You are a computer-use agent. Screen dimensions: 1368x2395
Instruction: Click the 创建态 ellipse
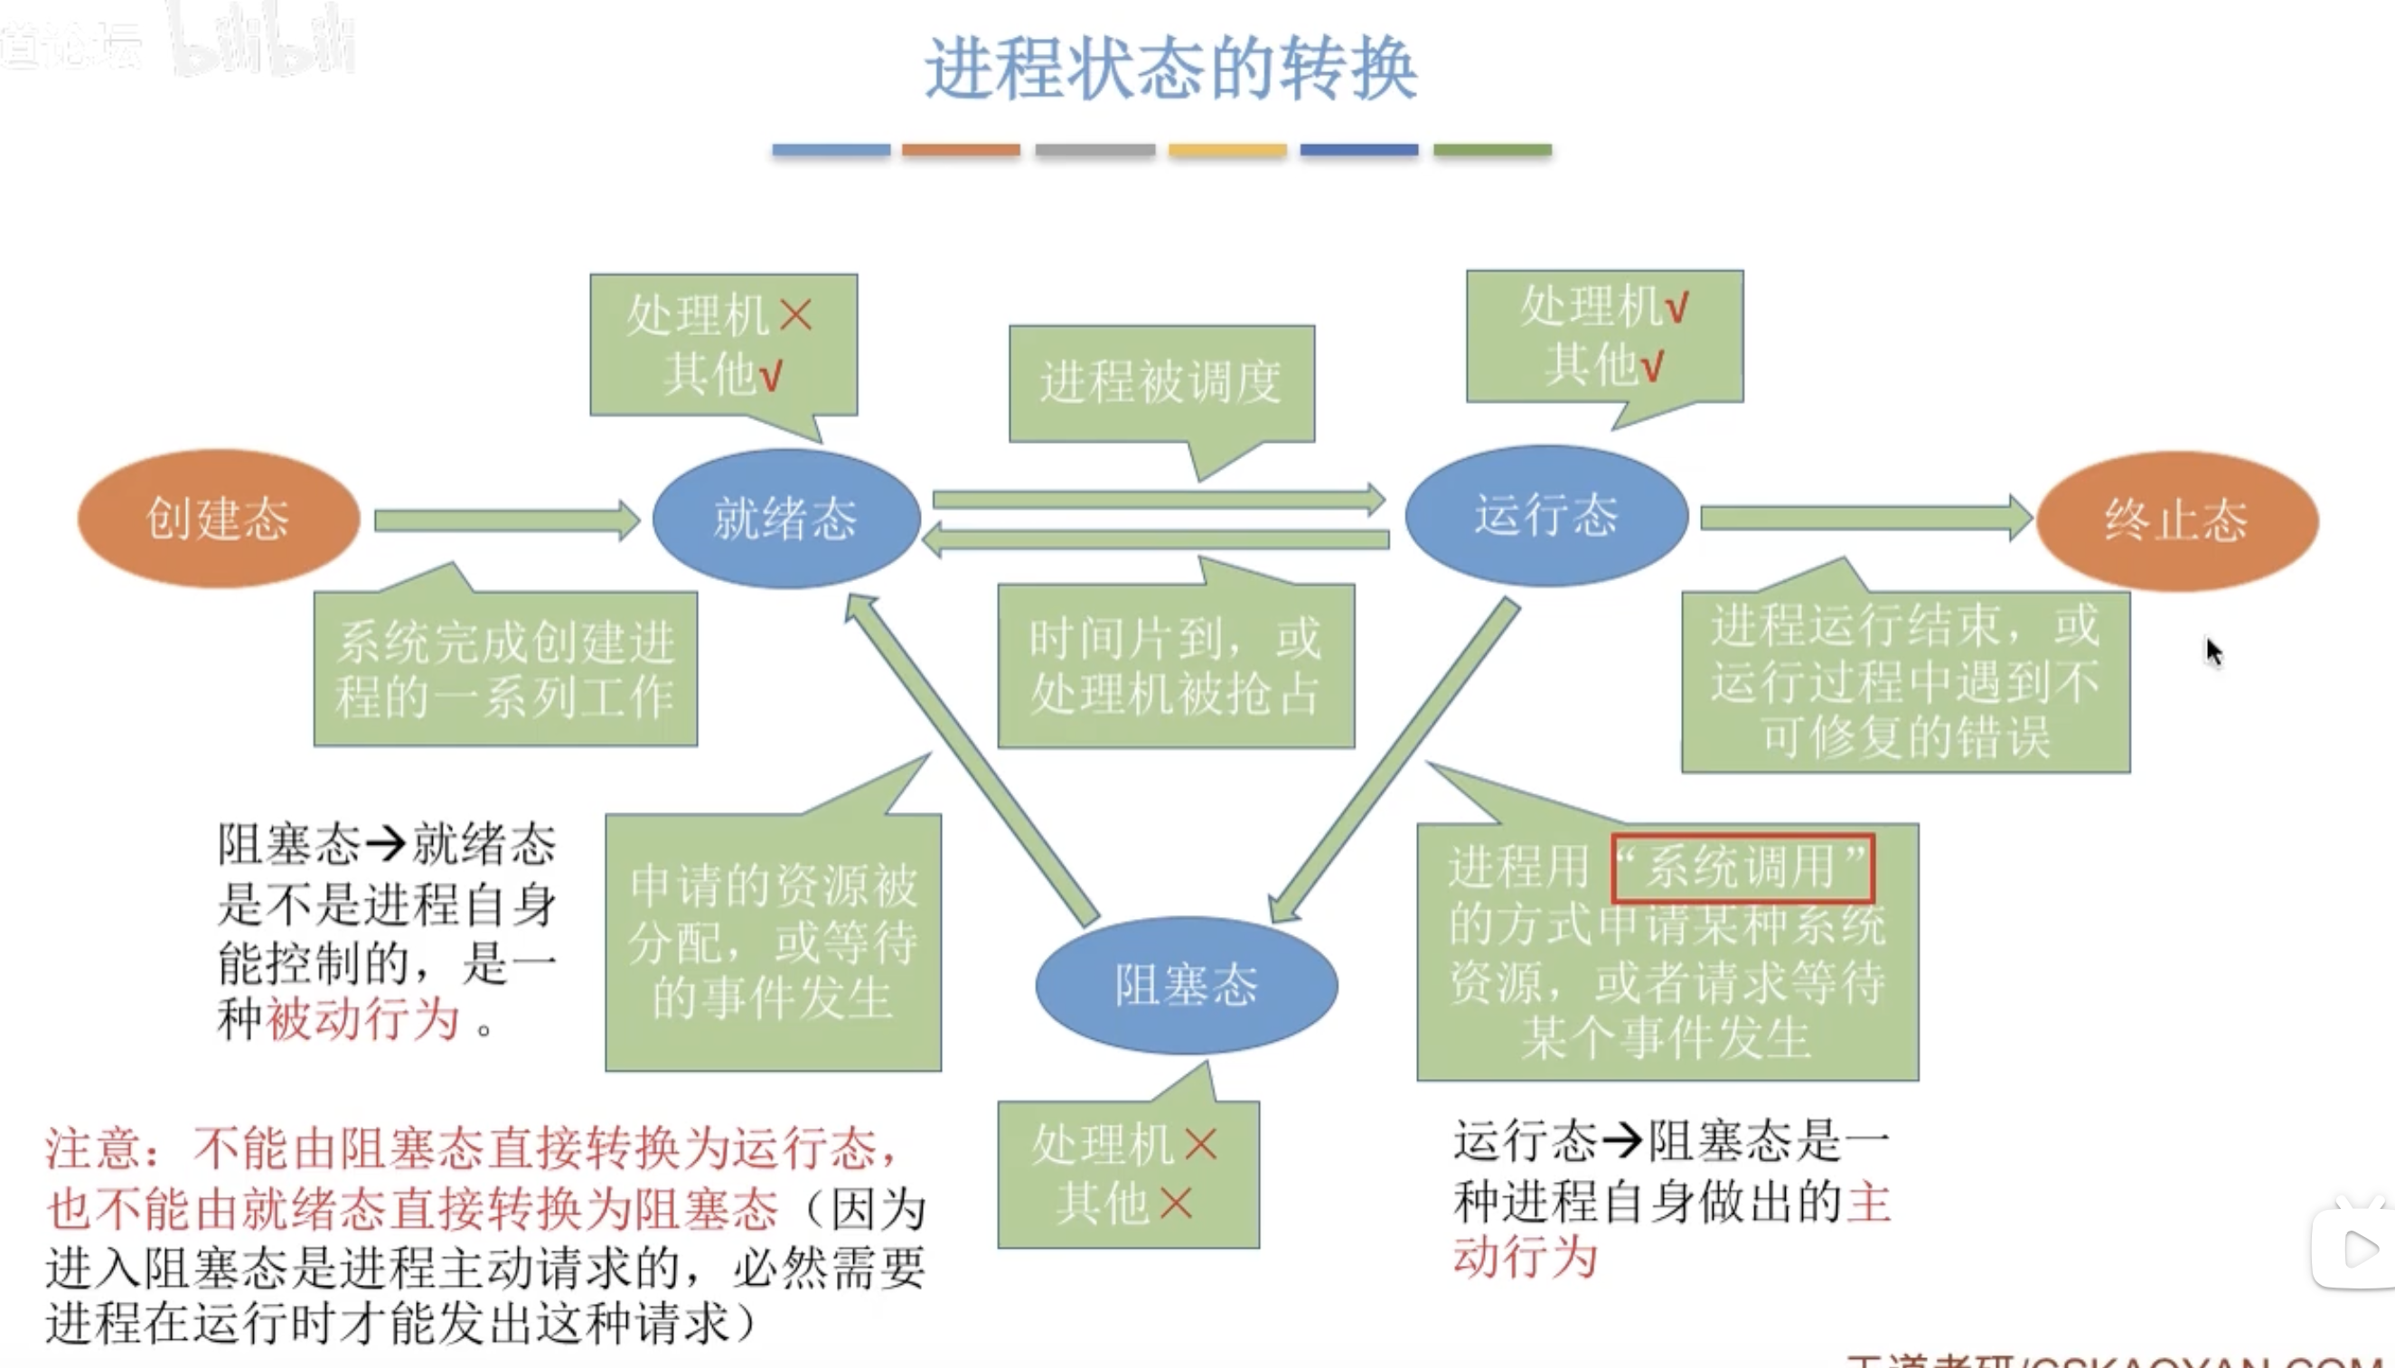click(218, 519)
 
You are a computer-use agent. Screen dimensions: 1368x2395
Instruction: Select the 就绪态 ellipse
click(785, 519)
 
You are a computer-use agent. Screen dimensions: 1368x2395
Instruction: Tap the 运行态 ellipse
click(1545, 516)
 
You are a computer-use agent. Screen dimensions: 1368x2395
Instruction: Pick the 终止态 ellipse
click(2176, 520)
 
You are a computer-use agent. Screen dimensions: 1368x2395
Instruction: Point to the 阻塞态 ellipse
click(1186, 985)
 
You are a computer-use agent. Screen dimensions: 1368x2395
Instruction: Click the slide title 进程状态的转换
click(1170, 69)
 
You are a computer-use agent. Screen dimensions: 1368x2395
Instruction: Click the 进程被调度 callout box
click(1161, 383)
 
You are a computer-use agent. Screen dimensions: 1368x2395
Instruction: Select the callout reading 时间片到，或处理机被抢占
click(1176, 666)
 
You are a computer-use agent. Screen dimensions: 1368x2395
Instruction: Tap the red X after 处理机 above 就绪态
click(796, 314)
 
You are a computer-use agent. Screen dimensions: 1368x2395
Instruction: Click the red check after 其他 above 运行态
click(1653, 364)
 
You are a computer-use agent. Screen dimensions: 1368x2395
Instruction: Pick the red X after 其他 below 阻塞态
click(1176, 1203)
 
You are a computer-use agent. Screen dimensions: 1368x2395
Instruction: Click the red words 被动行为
click(362, 1019)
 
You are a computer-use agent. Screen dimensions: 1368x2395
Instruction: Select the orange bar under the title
click(960, 150)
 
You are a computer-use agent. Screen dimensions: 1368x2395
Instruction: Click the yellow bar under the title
click(1227, 150)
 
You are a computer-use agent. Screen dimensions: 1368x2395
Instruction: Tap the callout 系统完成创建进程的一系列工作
click(505, 668)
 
